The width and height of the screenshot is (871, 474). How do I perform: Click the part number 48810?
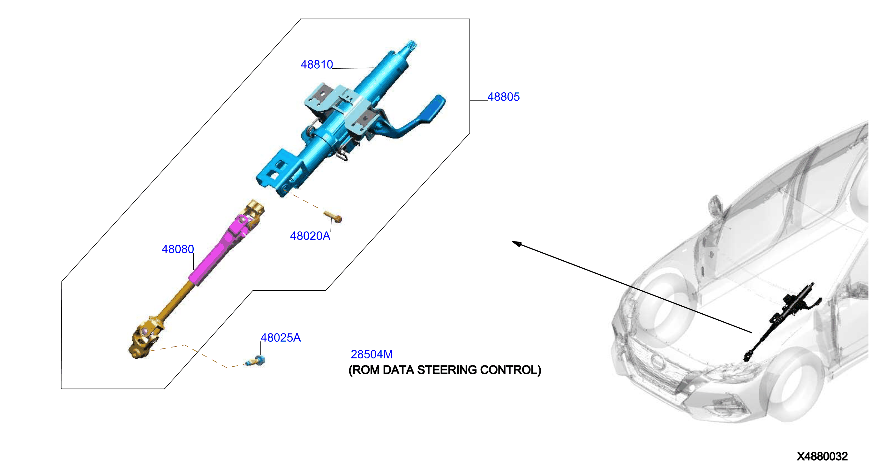pyautogui.click(x=317, y=64)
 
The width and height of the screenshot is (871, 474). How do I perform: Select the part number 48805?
pyautogui.click(x=503, y=97)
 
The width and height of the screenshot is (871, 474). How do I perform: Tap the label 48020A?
pyautogui.click(x=310, y=236)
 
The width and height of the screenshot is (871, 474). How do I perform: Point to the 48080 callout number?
pyautogui.click(x=177, y=249)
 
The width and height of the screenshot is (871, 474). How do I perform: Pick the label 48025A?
pyautogui.click(x=280, y=338)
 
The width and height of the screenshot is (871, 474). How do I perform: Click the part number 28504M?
pyautogui.click(x=372, y=354)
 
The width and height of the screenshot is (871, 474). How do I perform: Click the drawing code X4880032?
pyautogui.click(x=822, y=456)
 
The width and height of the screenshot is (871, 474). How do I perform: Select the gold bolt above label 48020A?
pyautogui.click(x=333, y=217)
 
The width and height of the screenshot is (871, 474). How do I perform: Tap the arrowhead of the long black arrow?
pyautogui.click(x=516, y=243)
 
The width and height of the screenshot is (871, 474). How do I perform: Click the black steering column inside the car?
pyautogui.click(x=781, y=321)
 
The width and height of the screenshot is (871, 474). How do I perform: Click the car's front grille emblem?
pyautogui.click(x=658, y=362)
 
